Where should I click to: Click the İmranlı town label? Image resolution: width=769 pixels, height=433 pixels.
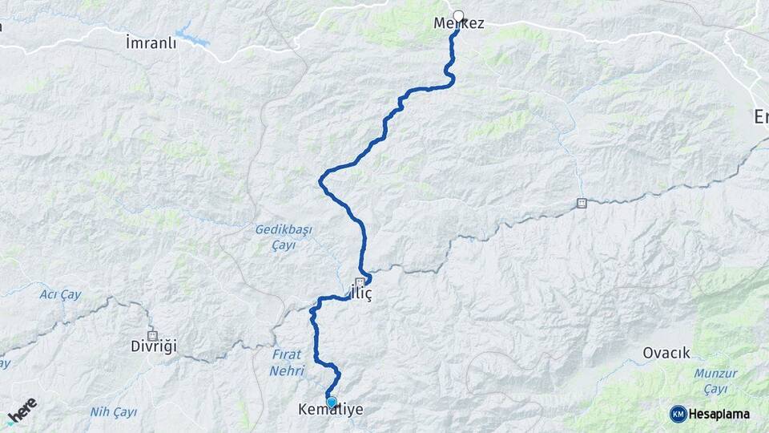tap(151, 42)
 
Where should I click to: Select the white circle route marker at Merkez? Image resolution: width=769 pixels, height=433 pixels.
tap(458, 15)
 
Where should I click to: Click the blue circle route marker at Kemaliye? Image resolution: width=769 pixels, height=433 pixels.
tap(331, 402)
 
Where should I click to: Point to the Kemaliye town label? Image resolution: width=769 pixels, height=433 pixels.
tap(330, 411)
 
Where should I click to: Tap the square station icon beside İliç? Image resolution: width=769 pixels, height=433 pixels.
tap(360, 281)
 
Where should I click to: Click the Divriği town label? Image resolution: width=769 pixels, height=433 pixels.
tap(153, 346)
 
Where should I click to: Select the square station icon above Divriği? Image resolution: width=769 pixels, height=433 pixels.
tap(152, 335)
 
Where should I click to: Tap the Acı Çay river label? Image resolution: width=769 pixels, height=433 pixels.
tap(60, 295)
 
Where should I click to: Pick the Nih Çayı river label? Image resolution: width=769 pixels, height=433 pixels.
tap(112, 412)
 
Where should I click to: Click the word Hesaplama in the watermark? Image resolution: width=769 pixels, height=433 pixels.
tap(719, 413)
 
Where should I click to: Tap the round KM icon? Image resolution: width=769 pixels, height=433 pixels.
tap(678, 413)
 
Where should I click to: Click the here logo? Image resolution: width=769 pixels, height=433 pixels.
tap(22, 411)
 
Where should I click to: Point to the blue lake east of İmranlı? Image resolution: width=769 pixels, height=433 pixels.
tap(191, 35)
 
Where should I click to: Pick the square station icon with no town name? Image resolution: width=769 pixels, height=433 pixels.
tap(582, 203)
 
